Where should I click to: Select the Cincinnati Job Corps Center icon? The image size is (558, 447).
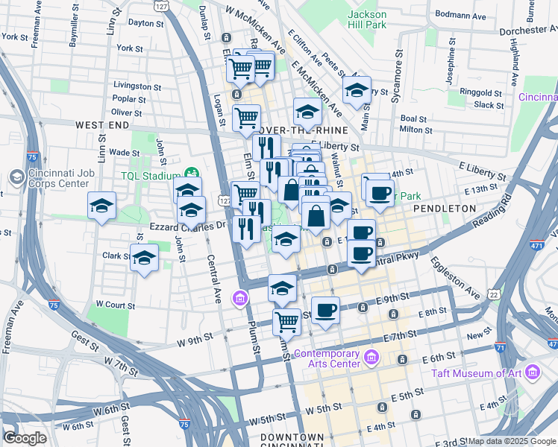(16, 177)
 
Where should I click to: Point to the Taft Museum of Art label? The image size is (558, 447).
(484, 372)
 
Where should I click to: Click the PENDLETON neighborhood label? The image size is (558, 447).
(444, 209)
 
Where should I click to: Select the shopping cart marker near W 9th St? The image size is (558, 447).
(286, 322)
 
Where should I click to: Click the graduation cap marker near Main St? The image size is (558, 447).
(357, 90)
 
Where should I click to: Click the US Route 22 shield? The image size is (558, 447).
(492, 296)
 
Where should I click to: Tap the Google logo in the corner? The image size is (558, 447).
(25, 438)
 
